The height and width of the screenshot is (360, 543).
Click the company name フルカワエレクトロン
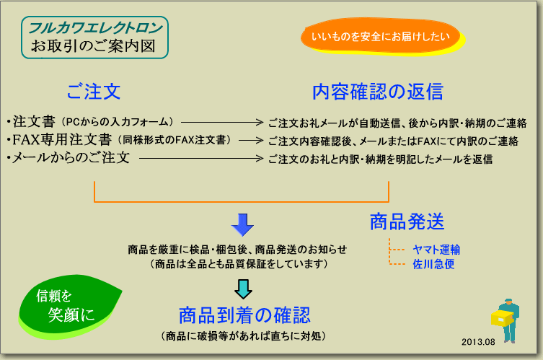(x=95, y=28)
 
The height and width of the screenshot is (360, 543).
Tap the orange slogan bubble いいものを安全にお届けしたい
(x=381, y=35)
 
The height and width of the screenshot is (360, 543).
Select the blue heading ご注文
(x=94, y=92)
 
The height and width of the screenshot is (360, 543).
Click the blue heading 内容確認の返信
(x=377, y=92)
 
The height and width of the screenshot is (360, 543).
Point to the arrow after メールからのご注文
(x=201, y=158)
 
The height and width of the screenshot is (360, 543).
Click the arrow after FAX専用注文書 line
(x=251, y=141)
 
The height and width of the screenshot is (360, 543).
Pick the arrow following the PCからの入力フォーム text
(x=222, y=122)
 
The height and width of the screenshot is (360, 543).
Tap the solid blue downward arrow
(x=242, y=225)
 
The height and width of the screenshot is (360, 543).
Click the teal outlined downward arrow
(x=243, y=289)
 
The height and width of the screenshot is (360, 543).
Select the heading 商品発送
(x=407, y=221)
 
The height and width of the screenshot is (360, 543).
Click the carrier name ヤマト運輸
(x=436, y=250)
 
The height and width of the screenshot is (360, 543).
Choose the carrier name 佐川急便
(x=433, y=264)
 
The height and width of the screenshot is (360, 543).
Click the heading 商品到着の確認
(x=244, y=315)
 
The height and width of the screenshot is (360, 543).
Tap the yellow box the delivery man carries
(x=502, y=317)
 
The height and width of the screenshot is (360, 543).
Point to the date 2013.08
(x=478, y=342)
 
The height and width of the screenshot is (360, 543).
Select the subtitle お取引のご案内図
(x=93, y=46)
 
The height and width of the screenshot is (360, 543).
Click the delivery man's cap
(x=508, y=300)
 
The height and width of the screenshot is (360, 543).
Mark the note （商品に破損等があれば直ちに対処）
(x=244, y=335)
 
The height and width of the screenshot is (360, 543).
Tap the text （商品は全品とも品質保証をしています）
(x=239, y=264)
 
